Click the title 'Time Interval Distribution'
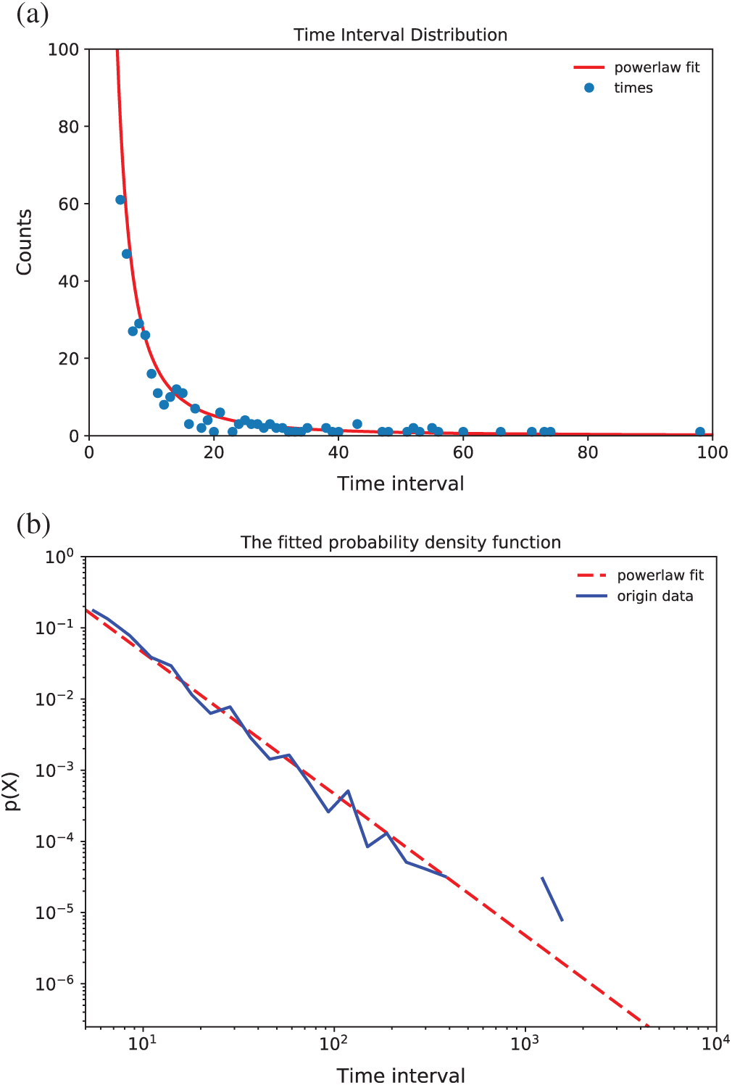pos(400,35)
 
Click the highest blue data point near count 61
pos(120,200)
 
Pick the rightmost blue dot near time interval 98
pos(700,432)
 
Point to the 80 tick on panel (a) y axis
pos(69,127)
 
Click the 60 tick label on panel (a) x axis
pos(463,452)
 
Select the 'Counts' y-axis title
pos(24,242)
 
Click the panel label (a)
pos(33,14)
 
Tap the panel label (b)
pos(33,523)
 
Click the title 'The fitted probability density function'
pos(400,543)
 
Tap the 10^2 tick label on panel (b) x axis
pos(334,1044)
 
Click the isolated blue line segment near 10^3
pos(552,899)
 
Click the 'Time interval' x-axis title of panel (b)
pos(400,1075)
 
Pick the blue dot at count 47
pos(127,254)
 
